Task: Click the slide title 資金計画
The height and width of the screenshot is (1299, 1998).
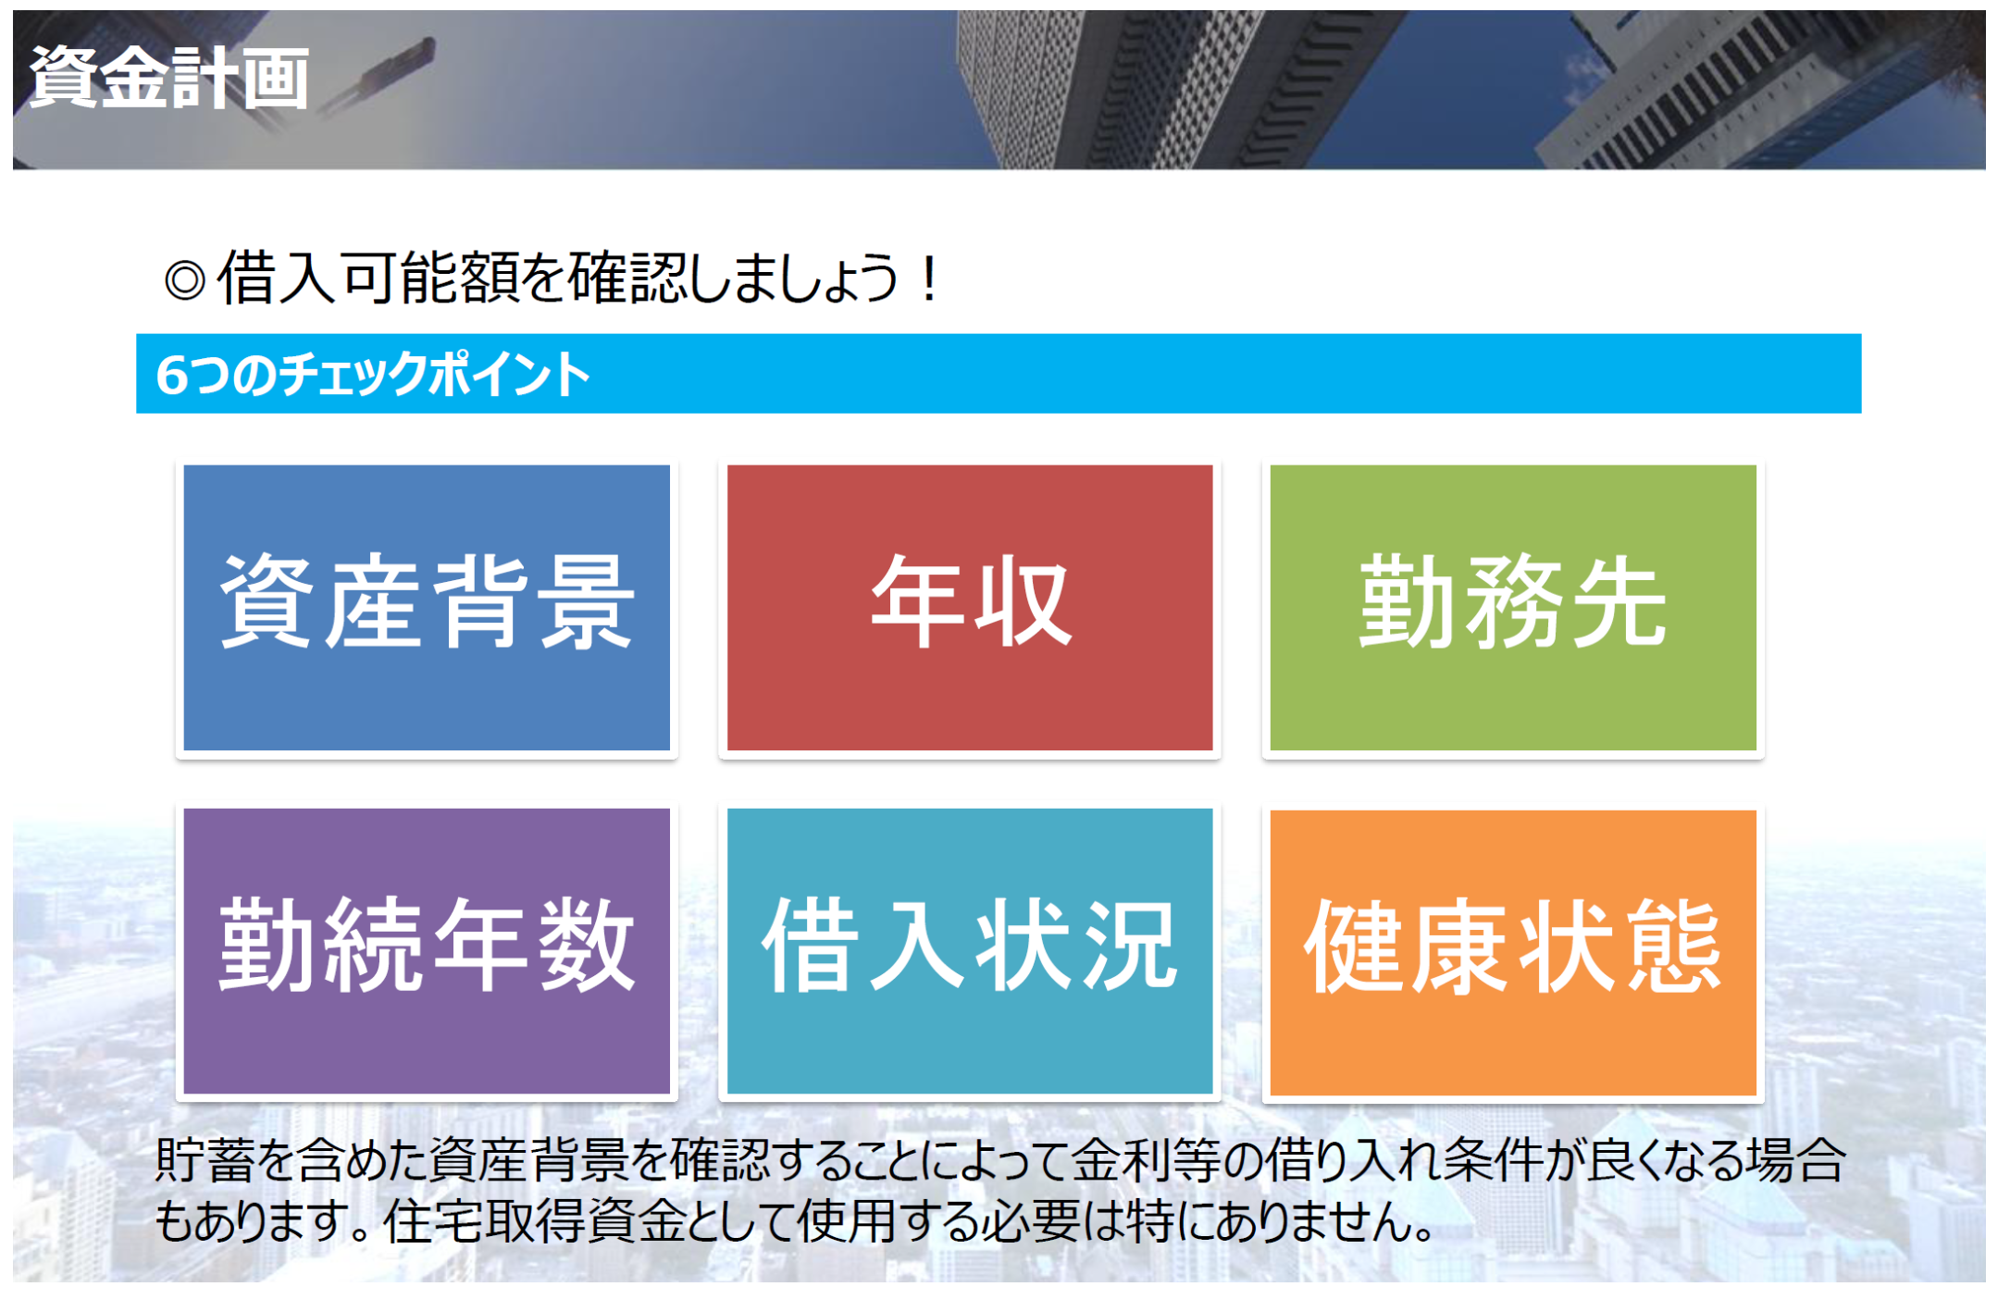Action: point(169,79)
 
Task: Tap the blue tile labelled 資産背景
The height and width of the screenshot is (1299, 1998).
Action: point(427,607)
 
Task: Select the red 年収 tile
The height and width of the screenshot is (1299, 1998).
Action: point(970,607)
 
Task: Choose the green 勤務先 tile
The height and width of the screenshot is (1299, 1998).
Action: point(1513,607)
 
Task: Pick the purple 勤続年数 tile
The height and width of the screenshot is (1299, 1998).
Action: point(427,951)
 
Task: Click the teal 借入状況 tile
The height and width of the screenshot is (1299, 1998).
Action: point(970,951)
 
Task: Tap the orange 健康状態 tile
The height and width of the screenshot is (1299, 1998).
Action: point(1513,952)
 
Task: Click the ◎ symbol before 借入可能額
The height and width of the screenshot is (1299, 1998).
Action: point(184,279)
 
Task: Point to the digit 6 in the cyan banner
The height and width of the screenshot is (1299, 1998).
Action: point(172,375)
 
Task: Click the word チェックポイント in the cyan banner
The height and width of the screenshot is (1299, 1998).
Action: point(434,375)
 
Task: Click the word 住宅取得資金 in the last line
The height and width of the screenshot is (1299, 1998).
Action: point(535,1221)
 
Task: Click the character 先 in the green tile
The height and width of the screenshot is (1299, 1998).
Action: point(1618,602)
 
